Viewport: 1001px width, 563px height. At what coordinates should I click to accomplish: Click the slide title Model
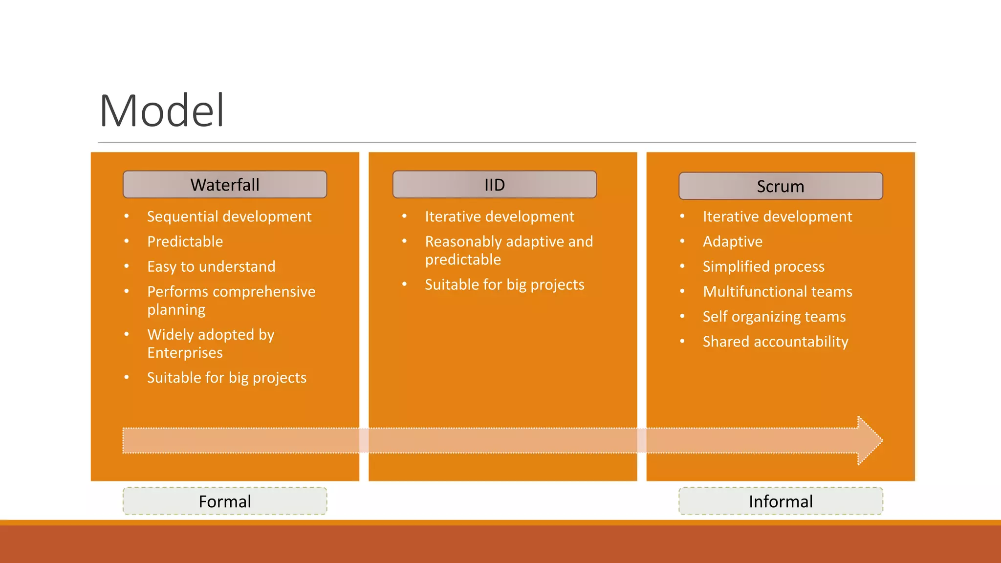pos(162,111)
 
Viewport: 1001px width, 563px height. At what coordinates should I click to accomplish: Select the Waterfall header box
pos(225,185)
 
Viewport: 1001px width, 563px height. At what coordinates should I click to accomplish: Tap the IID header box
pos(494,185)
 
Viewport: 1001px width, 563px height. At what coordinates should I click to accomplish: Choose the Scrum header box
pos(781,186)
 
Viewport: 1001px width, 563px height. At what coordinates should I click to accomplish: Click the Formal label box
pos(225,501)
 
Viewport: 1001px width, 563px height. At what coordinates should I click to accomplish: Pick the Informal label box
pos(781,501)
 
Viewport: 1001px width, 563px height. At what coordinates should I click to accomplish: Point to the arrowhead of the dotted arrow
pos(870,440)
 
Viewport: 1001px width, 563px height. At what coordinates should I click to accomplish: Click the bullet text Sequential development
pos(229,217)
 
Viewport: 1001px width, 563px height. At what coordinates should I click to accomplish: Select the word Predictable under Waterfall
pos(185,241)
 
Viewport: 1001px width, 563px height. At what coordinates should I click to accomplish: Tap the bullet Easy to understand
pos(211,266)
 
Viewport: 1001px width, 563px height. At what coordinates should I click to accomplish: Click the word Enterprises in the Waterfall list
pos(185,353)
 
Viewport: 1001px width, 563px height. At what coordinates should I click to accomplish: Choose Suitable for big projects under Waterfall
pos(227,378)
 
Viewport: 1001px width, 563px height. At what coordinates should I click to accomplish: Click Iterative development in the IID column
pos(500,217)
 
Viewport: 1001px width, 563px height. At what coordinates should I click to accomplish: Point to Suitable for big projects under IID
pos(504,284)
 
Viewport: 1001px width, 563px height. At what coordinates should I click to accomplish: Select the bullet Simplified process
pos(763,266)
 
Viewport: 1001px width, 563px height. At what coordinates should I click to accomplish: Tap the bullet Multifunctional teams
pos(777,292)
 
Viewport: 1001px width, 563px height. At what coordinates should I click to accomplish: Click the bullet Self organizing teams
pos(774,317)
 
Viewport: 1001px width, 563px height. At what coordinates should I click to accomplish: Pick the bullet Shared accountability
pos(775,342)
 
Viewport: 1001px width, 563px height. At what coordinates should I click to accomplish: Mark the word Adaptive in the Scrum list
pos(733,241)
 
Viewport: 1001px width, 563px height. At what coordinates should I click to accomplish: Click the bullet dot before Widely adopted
pos(127,334)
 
